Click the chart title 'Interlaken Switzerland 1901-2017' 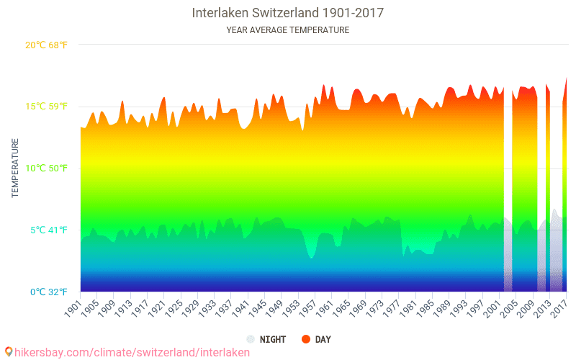(x=287, y=13)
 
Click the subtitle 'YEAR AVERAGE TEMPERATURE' (x=287, y=30)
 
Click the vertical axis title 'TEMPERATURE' (x=15, y=168)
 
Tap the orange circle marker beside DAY (x=305, y=339)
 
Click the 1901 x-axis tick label (x=73, y=307)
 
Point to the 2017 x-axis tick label (x=558, y=307)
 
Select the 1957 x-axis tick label (x=307, y=307)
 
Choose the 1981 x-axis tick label (x=408, y=307)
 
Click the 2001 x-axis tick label (x=491, y=307)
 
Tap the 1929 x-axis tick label (x=190, y=307)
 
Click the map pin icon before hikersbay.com (x=8, y=352)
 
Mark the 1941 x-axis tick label (x=240, y=307)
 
